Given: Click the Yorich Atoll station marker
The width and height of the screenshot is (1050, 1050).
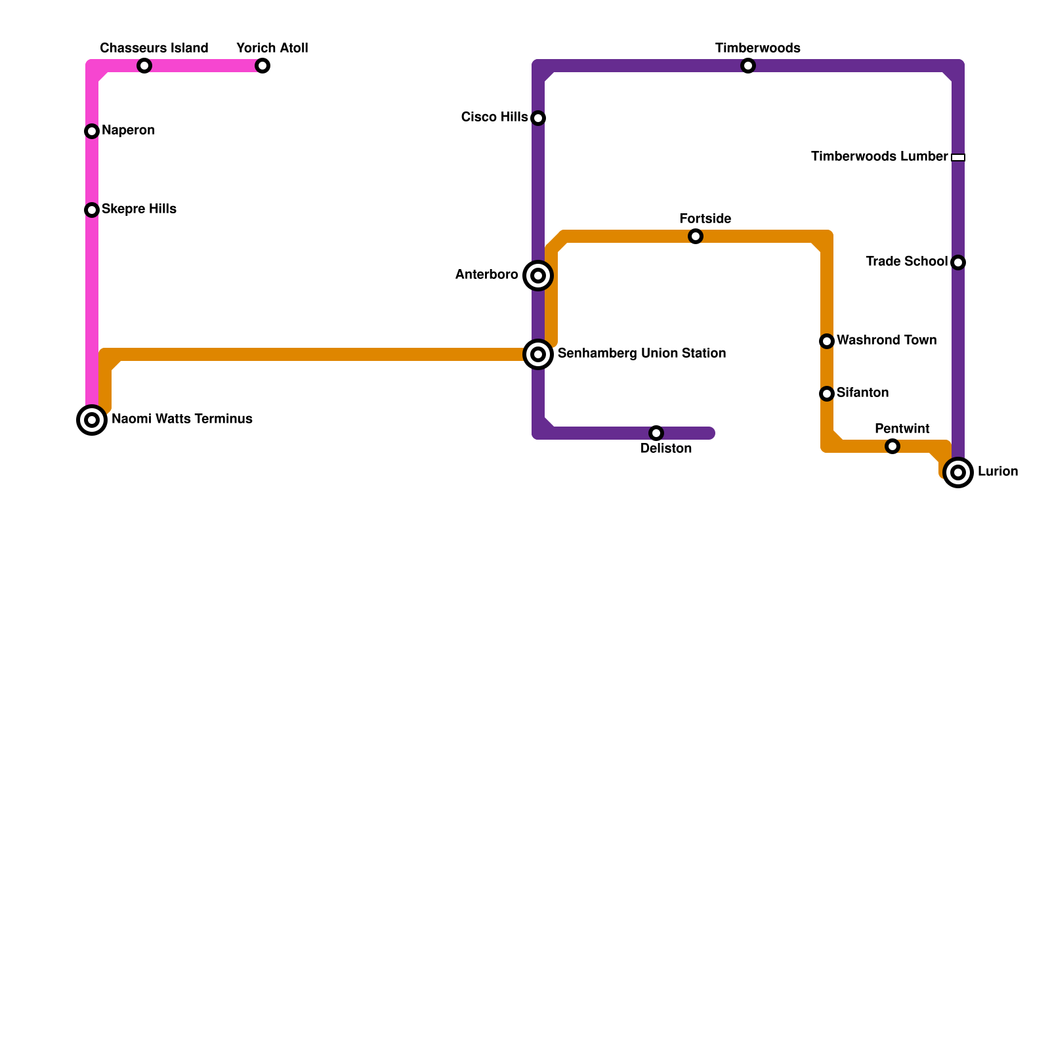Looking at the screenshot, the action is click(x=262, y=66).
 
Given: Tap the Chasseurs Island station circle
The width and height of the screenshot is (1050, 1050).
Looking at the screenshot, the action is click(x=144, y=66).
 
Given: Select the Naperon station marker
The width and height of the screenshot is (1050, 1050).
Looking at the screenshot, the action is click(x=92, y=131).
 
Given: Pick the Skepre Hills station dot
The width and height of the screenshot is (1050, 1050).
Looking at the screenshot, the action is click(x=92, y=210).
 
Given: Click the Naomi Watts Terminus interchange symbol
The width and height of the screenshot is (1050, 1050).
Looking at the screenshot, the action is click(x=92, y=420).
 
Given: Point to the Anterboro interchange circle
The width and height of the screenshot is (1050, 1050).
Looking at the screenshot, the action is click(x=538, y=276).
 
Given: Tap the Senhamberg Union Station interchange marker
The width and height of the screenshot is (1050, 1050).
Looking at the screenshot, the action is click(x=538, y=354).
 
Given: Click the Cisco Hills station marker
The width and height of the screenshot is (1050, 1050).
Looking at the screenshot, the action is click(x=538, y=118).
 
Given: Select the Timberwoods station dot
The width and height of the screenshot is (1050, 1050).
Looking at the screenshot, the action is click(x=748, y=66).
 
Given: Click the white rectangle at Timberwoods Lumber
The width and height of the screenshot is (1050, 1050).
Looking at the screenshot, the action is click(x=958, y=157).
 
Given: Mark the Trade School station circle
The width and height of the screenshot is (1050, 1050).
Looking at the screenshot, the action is click(x=958, y=262).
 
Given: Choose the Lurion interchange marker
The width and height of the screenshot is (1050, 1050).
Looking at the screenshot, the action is click(x=958, y=472).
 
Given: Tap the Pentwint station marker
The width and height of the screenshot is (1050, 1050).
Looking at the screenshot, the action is click(x=892, y=446).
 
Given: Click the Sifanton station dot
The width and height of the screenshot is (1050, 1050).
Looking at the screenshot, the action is click(x=827, y=394).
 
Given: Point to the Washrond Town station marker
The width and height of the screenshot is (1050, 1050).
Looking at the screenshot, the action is click(x=827, y=341).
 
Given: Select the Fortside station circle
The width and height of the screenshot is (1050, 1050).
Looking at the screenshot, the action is click(x=696, y=236).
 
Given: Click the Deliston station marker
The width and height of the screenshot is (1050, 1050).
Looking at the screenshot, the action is click(x=656, y=433).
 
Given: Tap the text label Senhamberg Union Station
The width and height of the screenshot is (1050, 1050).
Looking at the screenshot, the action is click(x=641, y=354).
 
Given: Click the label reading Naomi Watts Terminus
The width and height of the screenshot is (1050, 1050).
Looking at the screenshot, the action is click(x=182, y=419).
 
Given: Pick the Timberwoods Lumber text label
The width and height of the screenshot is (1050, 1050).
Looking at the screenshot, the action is click(x=879, y=157).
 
